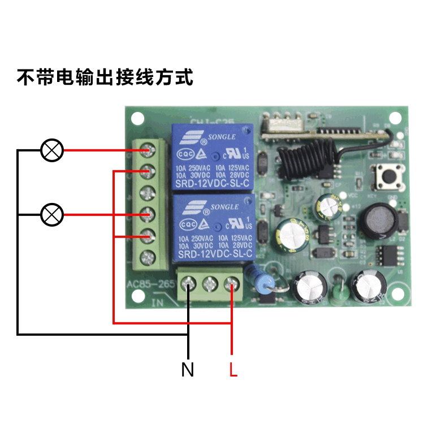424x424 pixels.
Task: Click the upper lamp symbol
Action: coord(53,150)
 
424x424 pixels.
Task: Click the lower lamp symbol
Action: coord(53,214)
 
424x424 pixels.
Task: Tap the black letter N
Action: coord(188,370)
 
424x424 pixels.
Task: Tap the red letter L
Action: coord(233,370)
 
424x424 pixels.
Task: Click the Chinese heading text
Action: coord(105,77)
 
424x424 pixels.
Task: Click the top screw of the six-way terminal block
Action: coord(148,150)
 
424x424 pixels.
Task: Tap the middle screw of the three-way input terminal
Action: coord(210,284)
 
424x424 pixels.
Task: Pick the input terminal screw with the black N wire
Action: coord(188,284)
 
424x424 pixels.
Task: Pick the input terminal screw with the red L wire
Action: coord(232,284)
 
